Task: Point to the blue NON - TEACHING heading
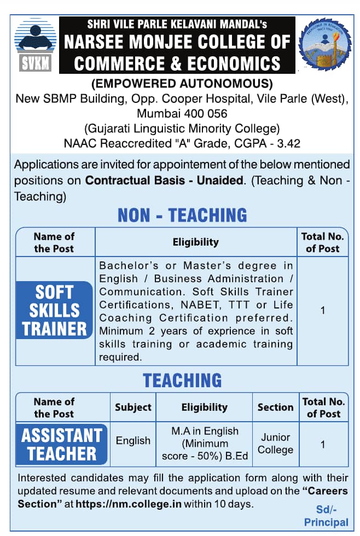182,215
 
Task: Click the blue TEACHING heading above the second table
182,380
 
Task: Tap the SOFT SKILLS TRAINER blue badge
54,310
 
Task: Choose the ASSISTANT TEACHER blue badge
62,444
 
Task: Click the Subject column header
133,407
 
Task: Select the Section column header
276,407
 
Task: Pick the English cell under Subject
133,440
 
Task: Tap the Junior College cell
276,444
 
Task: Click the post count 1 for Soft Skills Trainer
323,310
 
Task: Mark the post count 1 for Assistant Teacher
323,444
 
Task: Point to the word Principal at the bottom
326,522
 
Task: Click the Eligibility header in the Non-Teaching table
195,242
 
